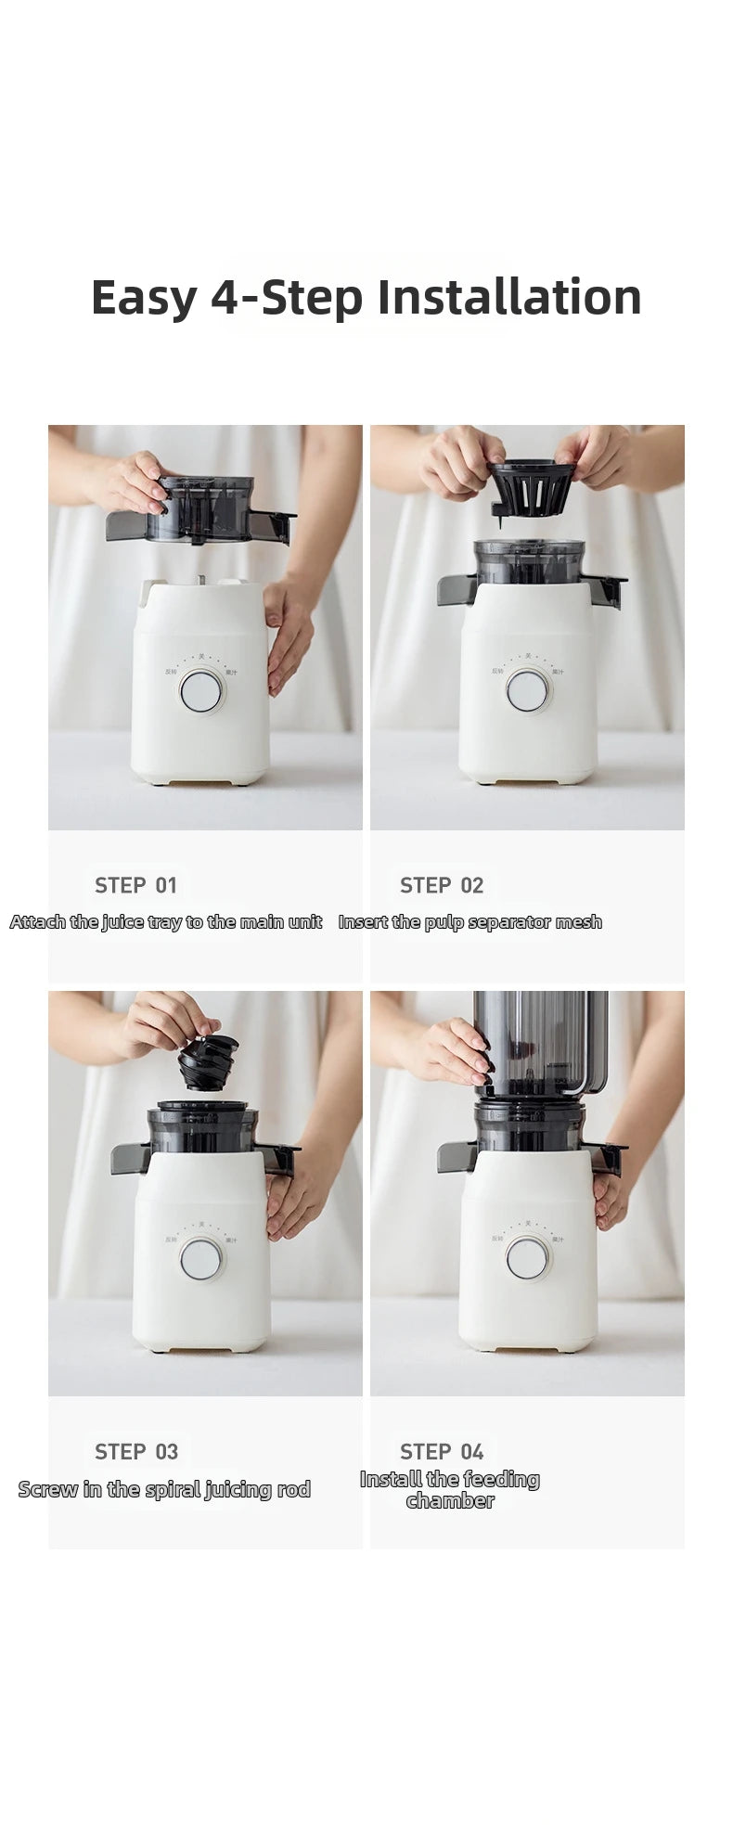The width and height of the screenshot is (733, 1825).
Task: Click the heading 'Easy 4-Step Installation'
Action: coord(366,298)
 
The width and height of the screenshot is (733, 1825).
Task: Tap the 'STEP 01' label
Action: coord(135,885)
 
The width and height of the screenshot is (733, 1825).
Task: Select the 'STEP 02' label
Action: coord(442,885)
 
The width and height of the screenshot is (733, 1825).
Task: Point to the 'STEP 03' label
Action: coord(136,1451)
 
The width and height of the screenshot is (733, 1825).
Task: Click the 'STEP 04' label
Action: coord(442,1451)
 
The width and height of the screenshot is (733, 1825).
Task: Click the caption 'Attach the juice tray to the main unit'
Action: coord(166,921)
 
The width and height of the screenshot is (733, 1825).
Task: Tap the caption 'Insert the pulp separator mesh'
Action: coord(469,921)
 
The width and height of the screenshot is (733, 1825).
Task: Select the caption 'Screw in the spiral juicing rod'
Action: coord(164,1489)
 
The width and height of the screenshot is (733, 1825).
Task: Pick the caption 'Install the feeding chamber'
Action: coord(450,1489)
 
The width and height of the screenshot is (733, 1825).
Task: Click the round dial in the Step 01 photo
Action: coord(202,691)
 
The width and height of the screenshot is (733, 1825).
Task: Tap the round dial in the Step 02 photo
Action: coord(527,691)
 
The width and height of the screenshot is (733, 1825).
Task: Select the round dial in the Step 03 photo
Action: coord(201,1259)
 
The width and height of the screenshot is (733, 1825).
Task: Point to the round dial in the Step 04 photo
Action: coord(527,1258)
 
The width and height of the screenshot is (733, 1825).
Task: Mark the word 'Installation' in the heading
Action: coord(509,298)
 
